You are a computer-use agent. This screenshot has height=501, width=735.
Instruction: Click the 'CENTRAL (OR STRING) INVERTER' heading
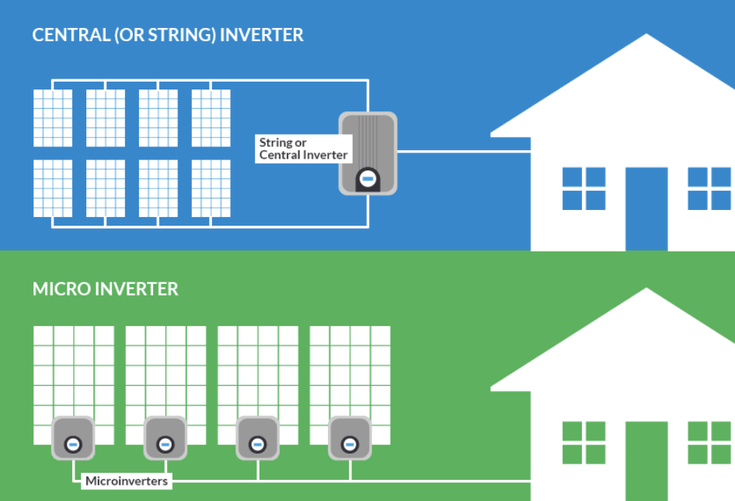(x=168, y=35)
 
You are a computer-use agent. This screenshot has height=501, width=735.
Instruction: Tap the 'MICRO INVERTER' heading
(x=105, y=289)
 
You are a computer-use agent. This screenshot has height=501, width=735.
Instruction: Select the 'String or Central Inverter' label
(x=304, y=149)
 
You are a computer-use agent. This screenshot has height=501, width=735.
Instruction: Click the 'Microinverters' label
(x=126, y=481)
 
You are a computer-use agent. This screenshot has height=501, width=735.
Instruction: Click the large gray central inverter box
(x=368, y=152)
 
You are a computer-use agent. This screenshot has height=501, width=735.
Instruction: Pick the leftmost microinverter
(x=73, y=438)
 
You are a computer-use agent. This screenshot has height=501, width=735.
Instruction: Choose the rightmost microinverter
(x=350, y=438)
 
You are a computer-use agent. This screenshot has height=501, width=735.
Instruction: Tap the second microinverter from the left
(x=165, y=438)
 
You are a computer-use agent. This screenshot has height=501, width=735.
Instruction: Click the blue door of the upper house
(x=646, y=208)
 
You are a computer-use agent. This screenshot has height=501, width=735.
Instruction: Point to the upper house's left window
(x=583, y=188)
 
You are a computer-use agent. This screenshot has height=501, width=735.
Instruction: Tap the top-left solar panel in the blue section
(x=53, y=117)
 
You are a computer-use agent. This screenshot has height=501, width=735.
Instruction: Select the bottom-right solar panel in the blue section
(x=211, y=188)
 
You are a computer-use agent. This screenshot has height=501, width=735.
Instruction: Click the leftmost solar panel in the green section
(x=74, y=373)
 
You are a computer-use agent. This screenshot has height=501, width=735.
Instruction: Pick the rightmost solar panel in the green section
(x=350, y=373)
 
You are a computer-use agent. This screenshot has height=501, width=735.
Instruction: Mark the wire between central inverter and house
(x=443, y=152)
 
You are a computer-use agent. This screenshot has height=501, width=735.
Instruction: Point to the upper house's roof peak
(x=647, y=37)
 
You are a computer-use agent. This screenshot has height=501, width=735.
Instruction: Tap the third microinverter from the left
(x=257, y=438)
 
